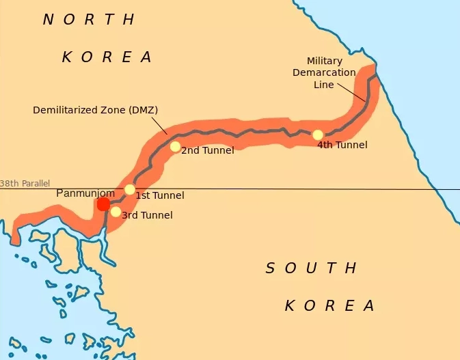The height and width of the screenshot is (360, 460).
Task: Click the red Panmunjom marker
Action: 103,204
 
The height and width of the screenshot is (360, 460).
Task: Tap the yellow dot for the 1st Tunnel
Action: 130,189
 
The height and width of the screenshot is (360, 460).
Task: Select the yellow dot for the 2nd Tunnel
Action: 175,146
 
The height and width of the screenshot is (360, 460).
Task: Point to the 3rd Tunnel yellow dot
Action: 116,212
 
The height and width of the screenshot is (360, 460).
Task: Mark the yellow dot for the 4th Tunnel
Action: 318,135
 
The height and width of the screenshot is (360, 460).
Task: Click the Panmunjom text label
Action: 85,193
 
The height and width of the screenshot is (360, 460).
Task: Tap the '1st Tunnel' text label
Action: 159,196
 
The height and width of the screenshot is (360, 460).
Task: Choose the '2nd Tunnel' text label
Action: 207,150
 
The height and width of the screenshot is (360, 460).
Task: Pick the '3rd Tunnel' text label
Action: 146,215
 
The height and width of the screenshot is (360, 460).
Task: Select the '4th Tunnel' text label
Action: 342,145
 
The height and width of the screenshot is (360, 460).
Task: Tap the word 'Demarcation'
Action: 324,72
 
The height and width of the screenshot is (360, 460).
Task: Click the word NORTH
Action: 90,20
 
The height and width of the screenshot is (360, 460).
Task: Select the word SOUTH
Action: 311,268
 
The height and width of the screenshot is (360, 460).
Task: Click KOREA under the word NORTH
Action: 107,57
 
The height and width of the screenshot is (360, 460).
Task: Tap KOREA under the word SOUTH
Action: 330,305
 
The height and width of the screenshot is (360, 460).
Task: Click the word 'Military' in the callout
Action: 323,61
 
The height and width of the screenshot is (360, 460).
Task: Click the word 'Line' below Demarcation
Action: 324,85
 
